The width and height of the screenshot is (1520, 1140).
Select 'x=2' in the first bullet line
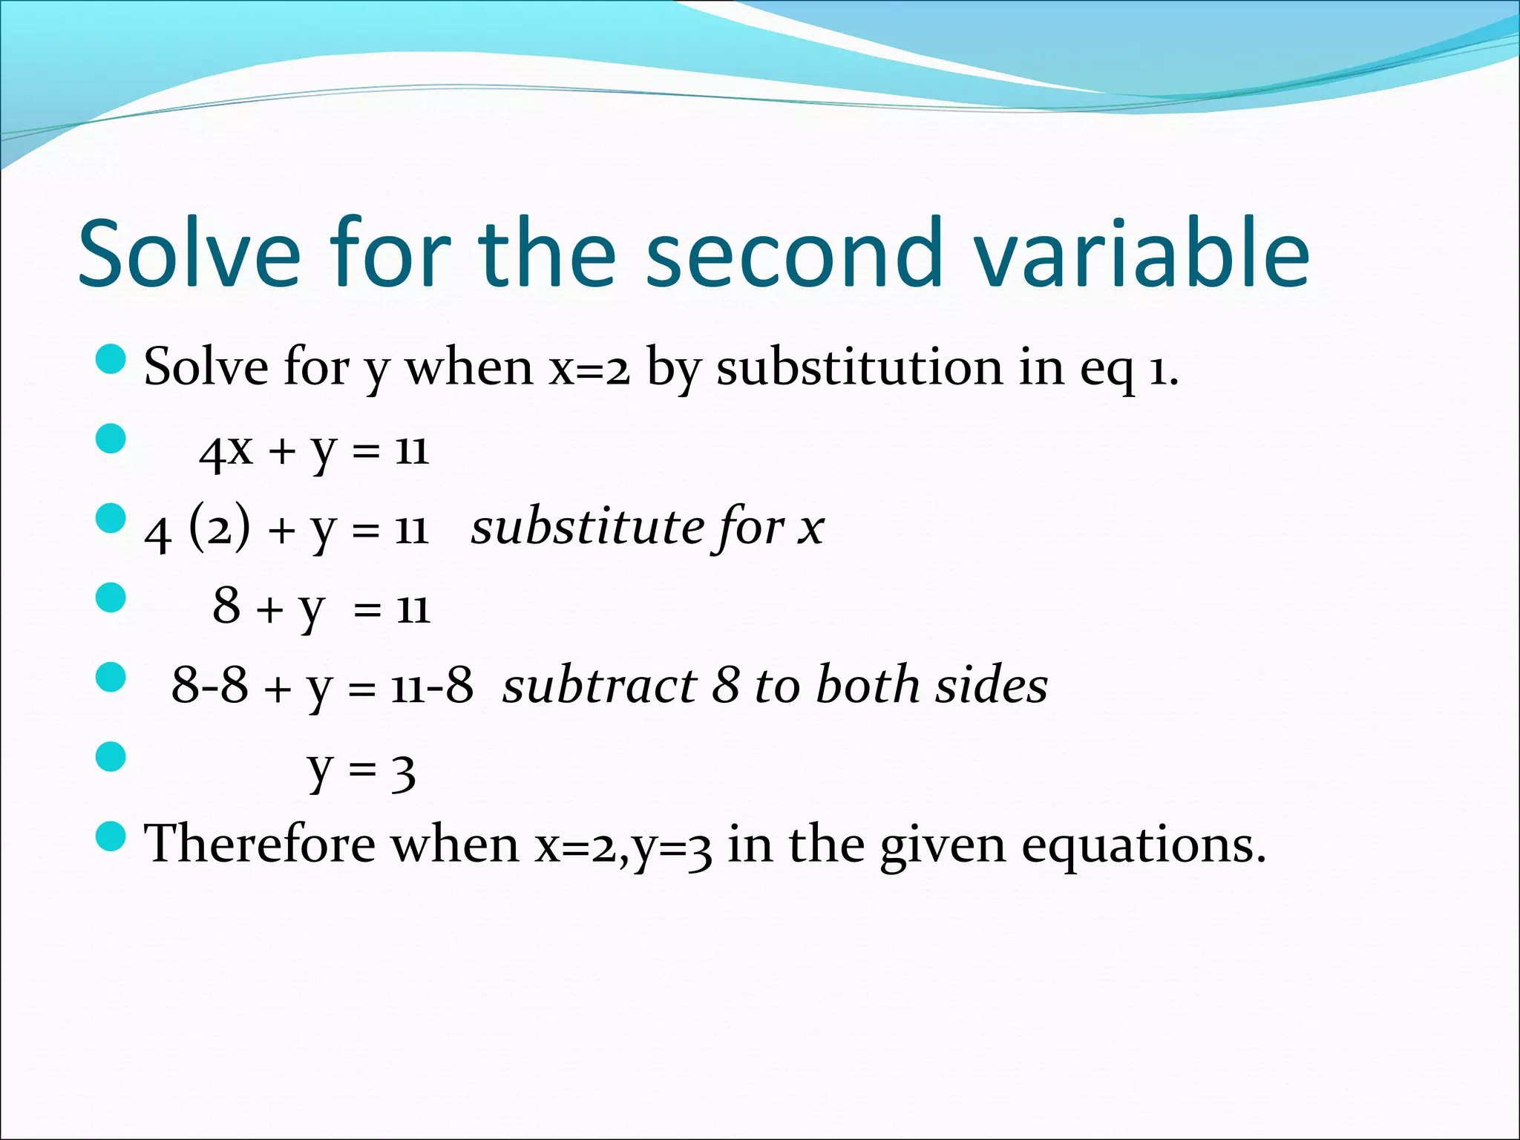(x=589, y=369)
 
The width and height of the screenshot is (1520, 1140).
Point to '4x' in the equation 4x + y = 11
(x=226, y=451)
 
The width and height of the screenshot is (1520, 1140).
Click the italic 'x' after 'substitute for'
(x=810, y=529)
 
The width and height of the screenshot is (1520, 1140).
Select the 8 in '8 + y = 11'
(x=226, y=606)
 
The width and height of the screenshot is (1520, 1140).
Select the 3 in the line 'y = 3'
(x=403, y=773)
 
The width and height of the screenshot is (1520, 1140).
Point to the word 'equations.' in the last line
(x=1143, y=846)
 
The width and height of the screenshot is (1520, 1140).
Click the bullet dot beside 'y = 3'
(x=111, y=757)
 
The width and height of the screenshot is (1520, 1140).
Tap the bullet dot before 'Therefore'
(x=111, y=836)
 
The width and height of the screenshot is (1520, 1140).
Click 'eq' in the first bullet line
(x=1107, y=369)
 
